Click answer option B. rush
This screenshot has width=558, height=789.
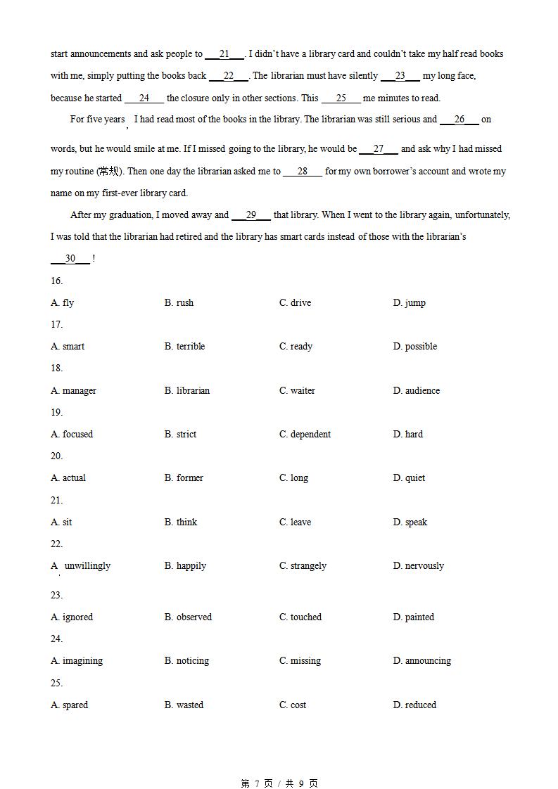coord(179,302)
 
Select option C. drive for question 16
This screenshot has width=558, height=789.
coord(295,302)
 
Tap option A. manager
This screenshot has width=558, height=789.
coord(73,390)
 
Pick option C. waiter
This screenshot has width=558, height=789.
coord(297,390)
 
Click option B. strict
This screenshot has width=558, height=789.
coord(180,434)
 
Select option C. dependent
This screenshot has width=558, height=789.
coord(305,434)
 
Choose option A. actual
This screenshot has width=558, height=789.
coord(68,477)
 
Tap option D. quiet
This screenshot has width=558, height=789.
coord(409,477)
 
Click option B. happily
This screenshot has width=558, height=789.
coord(185,565)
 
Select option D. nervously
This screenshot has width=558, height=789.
coord(418,565)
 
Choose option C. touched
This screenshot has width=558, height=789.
coord(300,617)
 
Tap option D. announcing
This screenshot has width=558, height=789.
coord(421,660)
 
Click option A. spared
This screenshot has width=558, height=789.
coord(69,705)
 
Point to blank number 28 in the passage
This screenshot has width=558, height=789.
coord(303,171)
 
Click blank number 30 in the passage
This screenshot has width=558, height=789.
coord(70,258)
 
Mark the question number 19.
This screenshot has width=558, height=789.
coord(56,412)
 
